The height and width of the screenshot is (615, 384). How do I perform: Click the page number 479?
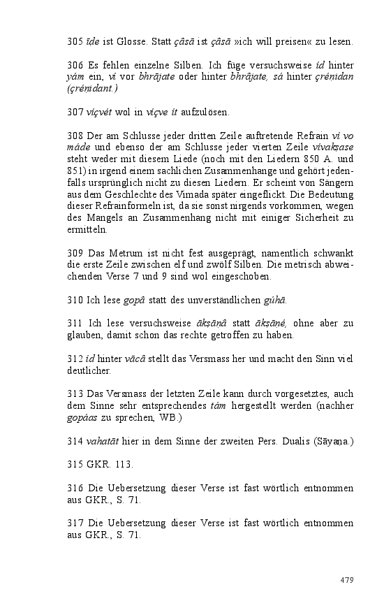[347, 580]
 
